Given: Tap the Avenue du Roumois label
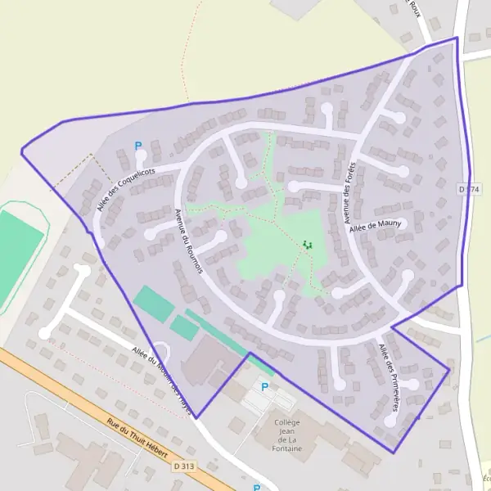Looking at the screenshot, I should (x=188, y=241).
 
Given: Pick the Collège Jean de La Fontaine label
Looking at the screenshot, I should (x=289, y=435).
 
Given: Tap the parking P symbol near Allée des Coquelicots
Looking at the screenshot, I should (x=138, y=146).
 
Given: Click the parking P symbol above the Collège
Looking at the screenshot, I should (x=264, y=386).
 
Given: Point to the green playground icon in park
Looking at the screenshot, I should (x=308, y=244).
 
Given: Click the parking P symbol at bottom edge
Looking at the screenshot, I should (x=256, y=488).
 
